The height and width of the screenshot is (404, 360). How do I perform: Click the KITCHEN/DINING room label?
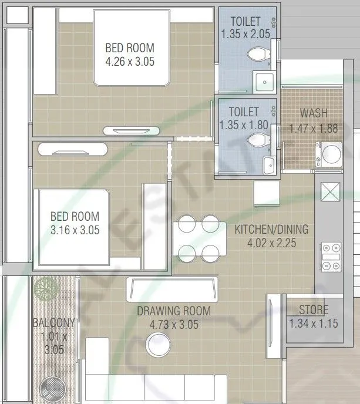click(x=271, y=230)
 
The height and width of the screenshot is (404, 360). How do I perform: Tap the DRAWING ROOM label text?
click(x=174, y=311)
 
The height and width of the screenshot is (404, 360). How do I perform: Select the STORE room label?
click(x=313, y=310)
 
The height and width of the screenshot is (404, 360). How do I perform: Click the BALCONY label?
click(x=53, y=322)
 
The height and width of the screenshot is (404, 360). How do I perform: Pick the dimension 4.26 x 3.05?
click(x=130, y=61)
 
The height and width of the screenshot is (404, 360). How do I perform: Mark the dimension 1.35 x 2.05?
click(x=245, y=34)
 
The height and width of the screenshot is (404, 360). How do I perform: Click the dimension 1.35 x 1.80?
click(x=243, y=125)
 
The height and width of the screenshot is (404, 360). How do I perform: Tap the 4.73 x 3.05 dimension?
click(x=174, y=324)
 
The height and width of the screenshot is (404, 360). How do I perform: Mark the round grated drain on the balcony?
click(x=53, y=389)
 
